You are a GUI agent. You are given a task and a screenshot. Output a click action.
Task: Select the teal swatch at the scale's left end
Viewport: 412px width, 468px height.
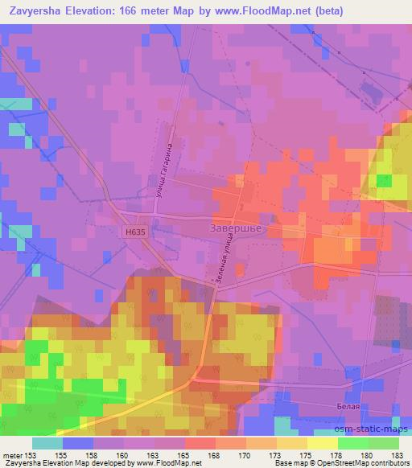[x=47, y=443]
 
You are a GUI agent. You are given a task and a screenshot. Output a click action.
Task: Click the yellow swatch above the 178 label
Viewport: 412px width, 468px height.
[x=323, y=443]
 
